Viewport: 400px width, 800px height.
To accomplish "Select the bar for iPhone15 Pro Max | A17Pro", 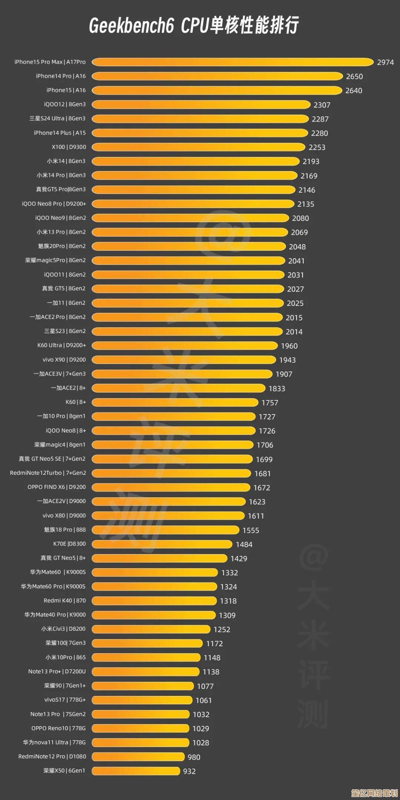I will pyautogui.click(x=232, y=62).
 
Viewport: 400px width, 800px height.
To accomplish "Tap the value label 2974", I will pyautogui.click(x=385, y=62).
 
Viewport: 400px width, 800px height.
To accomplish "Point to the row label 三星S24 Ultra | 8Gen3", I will pyautogui.click(x=57, y=119).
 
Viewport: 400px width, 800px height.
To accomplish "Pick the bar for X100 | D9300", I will pyautogui.click(x=198, y=147).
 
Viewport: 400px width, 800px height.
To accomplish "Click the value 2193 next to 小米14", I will pyautogui.click(x=311, y=161).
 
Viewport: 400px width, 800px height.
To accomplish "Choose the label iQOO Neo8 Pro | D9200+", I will pyautogui.click(x=54, y=204).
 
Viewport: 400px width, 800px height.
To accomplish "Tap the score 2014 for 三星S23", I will pyautogui.click(x=294, y=332).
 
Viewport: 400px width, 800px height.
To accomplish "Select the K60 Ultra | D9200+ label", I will pyautogui.click(x=61, y=345).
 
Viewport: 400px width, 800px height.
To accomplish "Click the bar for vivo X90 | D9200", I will pyautogui.click(x=184, y=360).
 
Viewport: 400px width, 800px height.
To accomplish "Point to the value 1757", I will pyautogui.click(x=270, y=403).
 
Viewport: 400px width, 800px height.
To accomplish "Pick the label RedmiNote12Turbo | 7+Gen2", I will pyautogui.click(x=48, y=473).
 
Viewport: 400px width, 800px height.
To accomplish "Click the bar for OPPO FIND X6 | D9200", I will pyautogui.click(x=171, y=487).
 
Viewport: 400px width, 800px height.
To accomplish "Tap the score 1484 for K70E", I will pyautogui.click(x=244, y=544).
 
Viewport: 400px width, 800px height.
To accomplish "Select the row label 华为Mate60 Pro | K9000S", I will pyautogui.click(x=53, y=587).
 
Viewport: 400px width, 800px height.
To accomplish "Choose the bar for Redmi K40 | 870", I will pyautogui.click(x=154, y=601).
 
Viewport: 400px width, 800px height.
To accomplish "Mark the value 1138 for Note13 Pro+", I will pyautogui.click(x=211, y=672).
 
